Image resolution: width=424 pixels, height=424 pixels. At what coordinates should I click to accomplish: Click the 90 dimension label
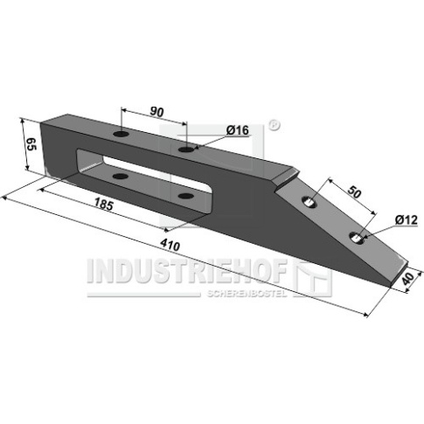pos(156,112)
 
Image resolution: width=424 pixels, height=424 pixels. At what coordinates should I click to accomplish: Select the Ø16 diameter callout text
pos(237,130)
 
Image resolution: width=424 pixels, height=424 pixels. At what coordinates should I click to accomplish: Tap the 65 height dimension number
pos(31,144)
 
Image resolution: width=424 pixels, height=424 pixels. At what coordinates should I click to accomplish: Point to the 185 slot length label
pos(103,204)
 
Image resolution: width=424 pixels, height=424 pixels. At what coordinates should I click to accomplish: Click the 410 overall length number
pos(170,245)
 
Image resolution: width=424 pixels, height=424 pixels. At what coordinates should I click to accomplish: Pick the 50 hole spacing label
pos(355,192)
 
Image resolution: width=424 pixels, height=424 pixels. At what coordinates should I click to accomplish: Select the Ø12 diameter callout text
pos(407,220)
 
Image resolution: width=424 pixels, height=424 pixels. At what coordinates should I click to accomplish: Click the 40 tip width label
pos(408,279)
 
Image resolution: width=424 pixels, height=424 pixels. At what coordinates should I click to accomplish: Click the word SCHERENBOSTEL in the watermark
pos(247,294)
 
